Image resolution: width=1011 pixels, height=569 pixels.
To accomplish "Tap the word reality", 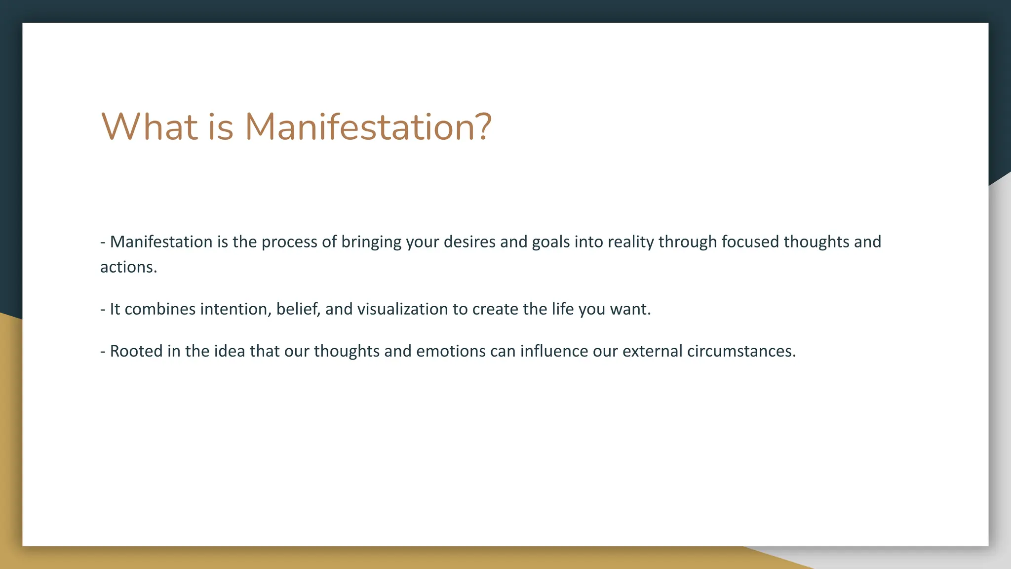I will tap(631, 242).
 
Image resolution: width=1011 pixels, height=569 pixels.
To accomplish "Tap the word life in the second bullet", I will tap(563, 309).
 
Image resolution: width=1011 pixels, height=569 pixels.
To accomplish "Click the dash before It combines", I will tap(103, 310).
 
